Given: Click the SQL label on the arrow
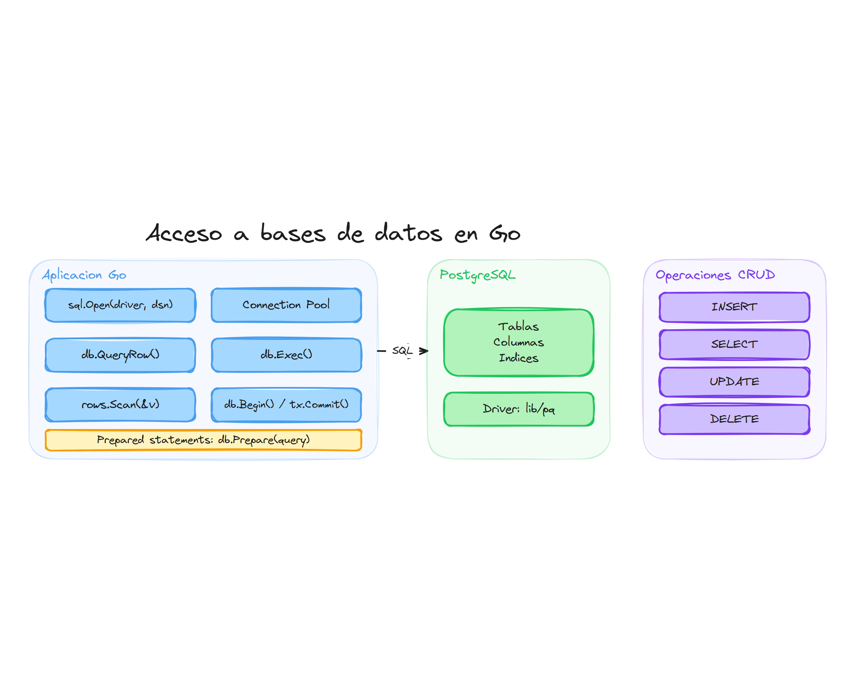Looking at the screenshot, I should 402,350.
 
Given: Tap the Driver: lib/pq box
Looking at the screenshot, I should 518,409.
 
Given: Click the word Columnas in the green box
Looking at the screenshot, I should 518,342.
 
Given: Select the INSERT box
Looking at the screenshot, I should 734,307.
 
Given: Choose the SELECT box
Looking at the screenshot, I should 734,344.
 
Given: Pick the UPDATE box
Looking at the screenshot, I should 734,381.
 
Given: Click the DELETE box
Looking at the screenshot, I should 734,419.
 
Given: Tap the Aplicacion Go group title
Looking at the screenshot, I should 84,275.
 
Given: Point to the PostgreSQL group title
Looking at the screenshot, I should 477,275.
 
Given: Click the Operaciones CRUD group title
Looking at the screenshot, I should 715,275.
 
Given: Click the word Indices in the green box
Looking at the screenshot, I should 518,358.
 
